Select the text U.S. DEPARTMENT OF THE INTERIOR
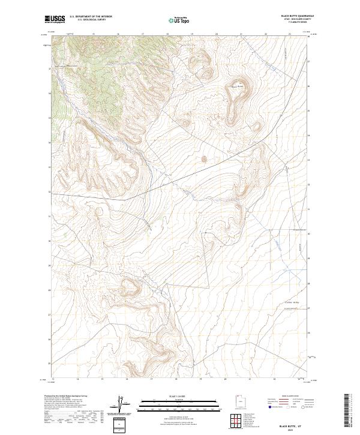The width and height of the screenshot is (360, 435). (91, 16)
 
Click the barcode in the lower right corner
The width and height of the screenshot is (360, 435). (346, 413)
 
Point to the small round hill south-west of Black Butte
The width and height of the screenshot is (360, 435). (203, 159)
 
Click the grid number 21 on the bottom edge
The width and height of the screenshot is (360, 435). (248, 380)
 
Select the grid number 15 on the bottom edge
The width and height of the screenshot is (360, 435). (102, 380)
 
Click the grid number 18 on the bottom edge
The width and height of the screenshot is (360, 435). (176, 380)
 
